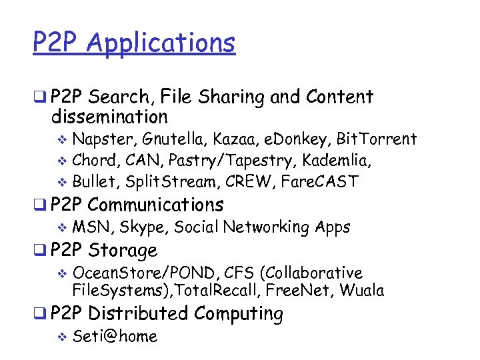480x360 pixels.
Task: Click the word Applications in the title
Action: pos(161,43)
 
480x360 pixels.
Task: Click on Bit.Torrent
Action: pos(377,139)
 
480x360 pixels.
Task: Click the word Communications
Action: pos(155,205)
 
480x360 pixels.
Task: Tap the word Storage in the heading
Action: pos(123,251)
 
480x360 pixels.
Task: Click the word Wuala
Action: pos(361,290)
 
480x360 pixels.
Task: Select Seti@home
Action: pos(115,337)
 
